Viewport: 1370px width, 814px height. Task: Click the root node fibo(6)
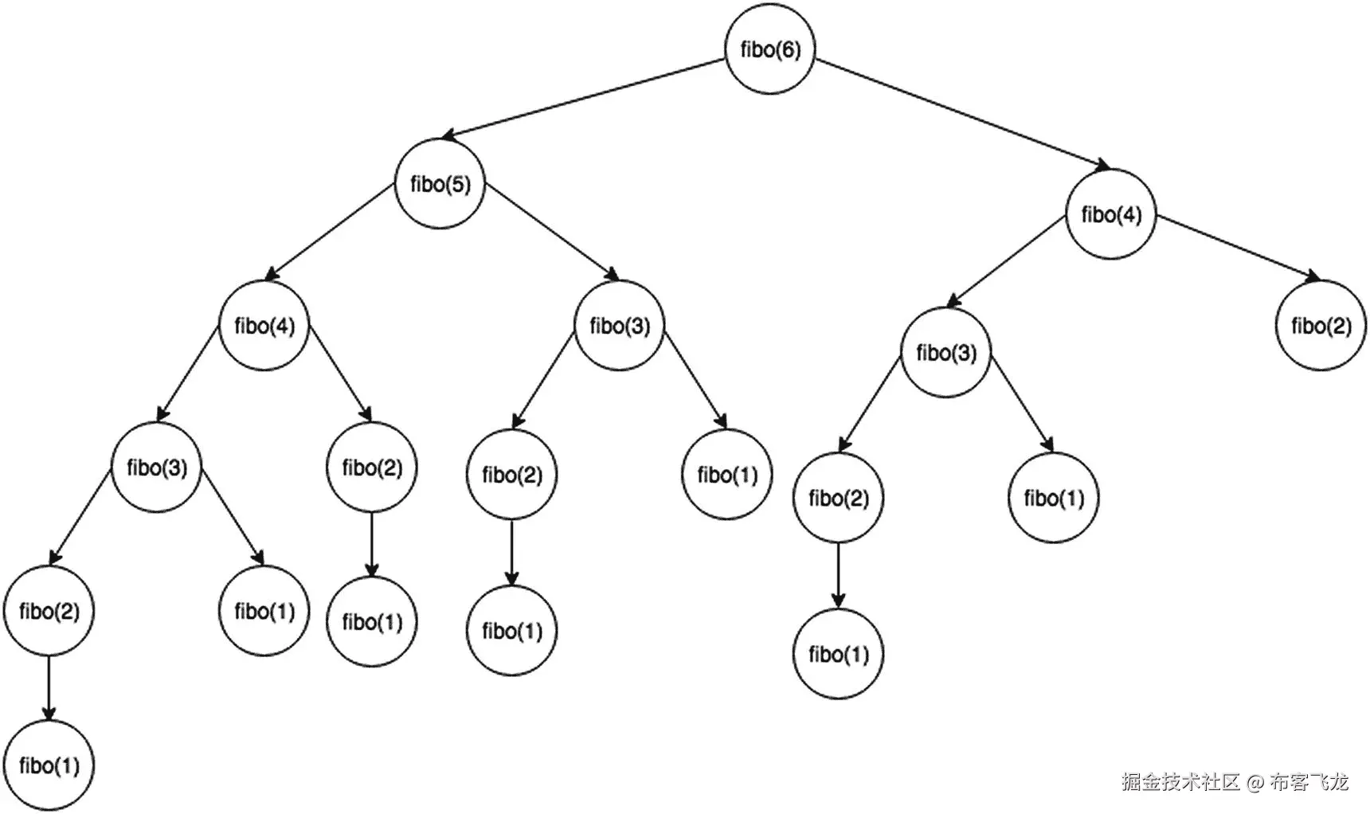coord(770,49)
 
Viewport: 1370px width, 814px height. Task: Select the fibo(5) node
coord(440,184)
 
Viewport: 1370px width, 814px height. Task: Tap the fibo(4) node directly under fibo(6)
coord(1110,214)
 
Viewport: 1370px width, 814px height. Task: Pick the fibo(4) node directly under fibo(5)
coord(264,326)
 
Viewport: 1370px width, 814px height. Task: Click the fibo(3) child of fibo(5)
coord(620,326)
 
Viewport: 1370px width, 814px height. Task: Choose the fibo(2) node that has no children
coord(1321,326)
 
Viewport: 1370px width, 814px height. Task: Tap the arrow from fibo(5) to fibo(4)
coord(331,232)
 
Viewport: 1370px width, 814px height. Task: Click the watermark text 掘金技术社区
coord(1180,781)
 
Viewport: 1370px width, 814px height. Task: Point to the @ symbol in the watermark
coord(1255,782)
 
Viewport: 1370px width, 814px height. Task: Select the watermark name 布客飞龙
coord(1309,781)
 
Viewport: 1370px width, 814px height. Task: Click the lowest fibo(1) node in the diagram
coord(49,765)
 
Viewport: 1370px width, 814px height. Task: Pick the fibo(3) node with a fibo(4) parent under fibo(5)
coord(156,468)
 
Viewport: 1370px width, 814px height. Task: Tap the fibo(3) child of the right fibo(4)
coord(946,353)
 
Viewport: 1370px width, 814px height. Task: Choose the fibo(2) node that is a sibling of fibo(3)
coord(372,468)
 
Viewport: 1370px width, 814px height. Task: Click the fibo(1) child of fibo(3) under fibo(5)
coord(726,475)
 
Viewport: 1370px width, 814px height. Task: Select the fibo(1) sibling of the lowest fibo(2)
coord(264,611)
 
